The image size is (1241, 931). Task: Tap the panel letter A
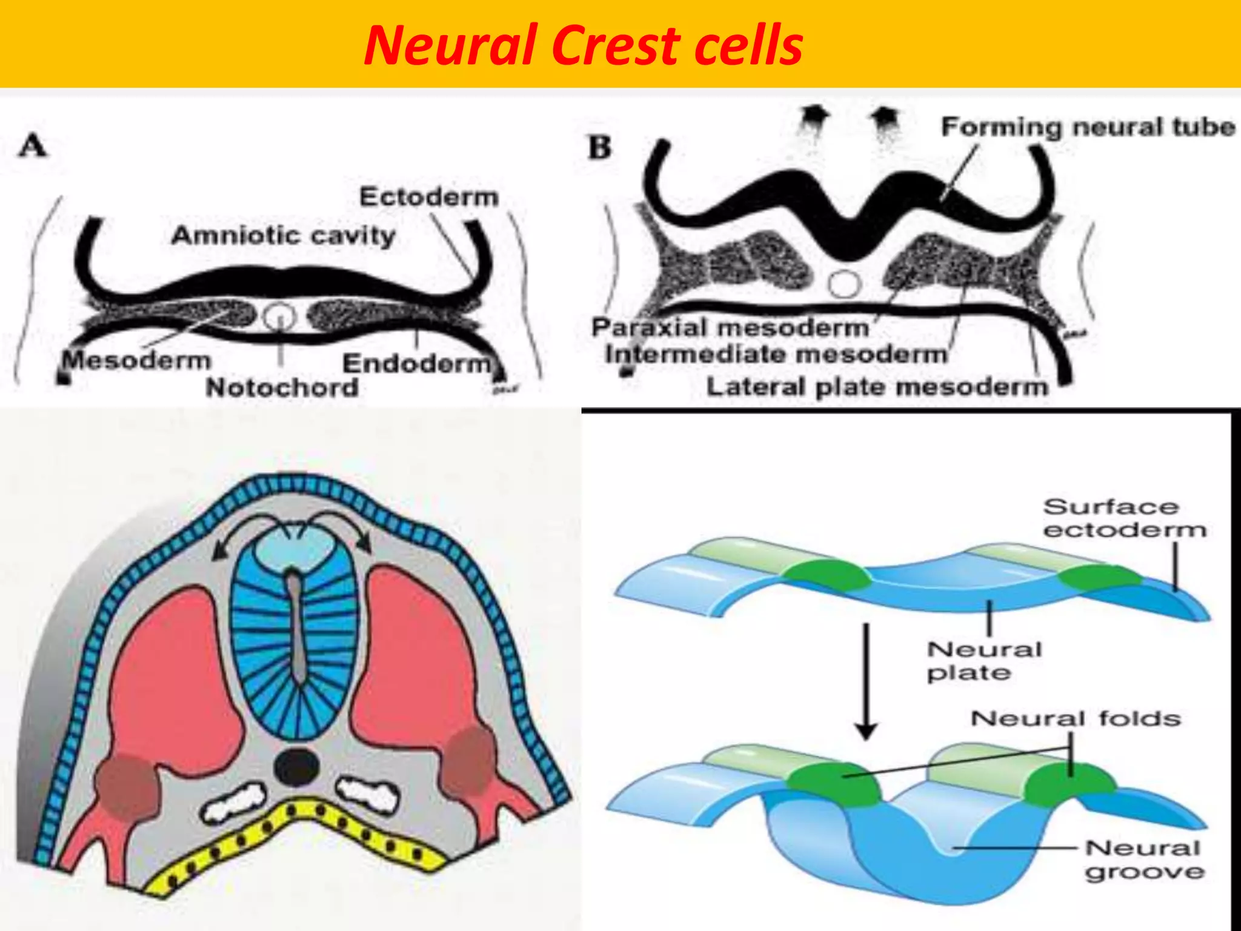pos(33,146)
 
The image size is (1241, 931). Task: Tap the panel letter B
pos(600,148)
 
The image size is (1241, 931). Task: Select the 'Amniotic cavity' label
pos(283,235)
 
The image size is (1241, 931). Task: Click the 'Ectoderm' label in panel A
pos(429,197)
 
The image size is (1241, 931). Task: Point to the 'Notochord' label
pos(282,387)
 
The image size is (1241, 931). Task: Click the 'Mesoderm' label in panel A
pos(137,360)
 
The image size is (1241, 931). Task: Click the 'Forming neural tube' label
pos(1088,127)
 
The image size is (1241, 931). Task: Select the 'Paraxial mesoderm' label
pos(730,327)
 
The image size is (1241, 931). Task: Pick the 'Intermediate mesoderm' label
pos(776,354)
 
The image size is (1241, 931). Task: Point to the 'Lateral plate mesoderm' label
pos(877,387)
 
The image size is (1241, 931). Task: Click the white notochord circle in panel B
pos(844,283)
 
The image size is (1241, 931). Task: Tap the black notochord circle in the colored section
pos(296,766)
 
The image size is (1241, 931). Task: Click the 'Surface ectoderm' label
pos(1125,518)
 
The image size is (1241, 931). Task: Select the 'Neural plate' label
pos(984,661)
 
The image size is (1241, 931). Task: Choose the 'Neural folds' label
pos(1076,719)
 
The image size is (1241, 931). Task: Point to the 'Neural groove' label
pos(1143,860)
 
